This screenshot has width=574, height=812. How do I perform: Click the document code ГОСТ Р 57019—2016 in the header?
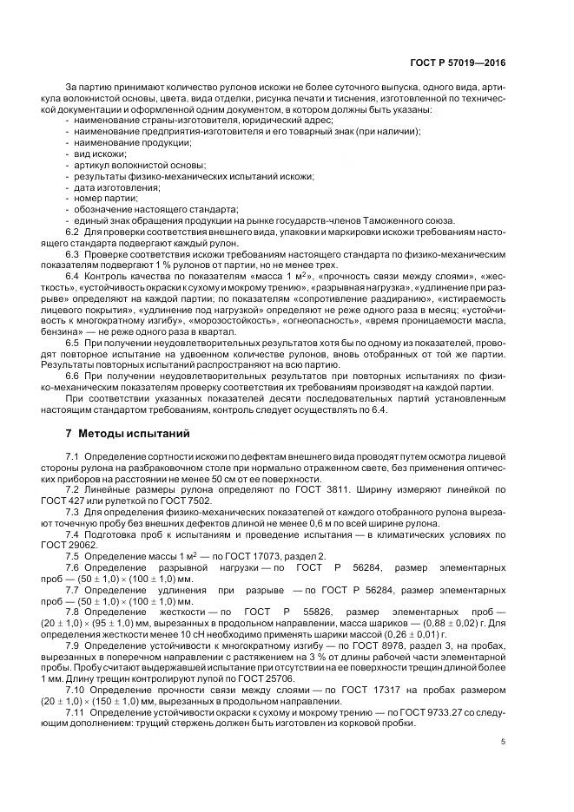coord(458,63)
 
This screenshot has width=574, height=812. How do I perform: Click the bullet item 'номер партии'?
coord(106,198)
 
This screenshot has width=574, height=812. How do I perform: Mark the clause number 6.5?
coord(73,345)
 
